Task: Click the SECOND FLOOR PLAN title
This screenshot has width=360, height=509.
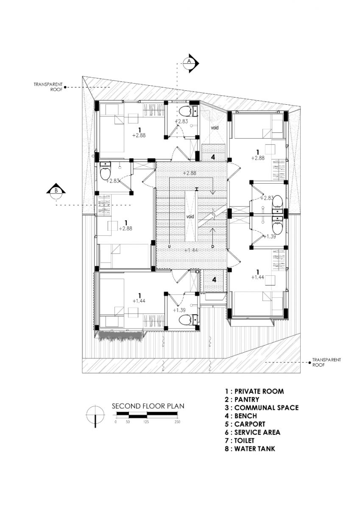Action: click(x=148, y=406)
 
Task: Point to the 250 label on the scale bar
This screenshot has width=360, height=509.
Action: click(x=177, y=422)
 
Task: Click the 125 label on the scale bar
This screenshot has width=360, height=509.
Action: click(x=146, y=422)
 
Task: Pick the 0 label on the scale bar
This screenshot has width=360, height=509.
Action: click(x=115, y=422)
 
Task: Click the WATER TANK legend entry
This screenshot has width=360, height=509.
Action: click(x=250, y=448)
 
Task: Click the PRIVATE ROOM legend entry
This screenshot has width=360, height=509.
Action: click(x=254, y=391)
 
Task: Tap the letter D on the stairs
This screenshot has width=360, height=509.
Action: click(x=212, y=246)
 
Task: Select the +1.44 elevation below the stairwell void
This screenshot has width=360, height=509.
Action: click(x=190, y=250)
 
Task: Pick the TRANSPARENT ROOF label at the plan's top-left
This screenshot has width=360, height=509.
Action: click(x=48, y=87)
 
